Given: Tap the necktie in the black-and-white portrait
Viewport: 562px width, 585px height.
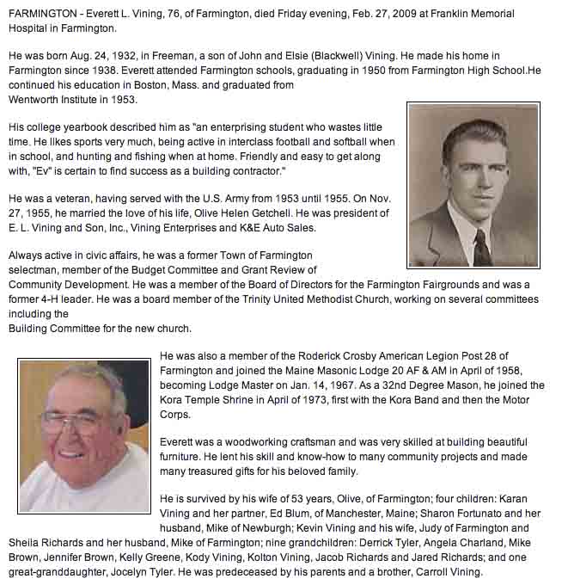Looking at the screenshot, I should pos(483,246).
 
